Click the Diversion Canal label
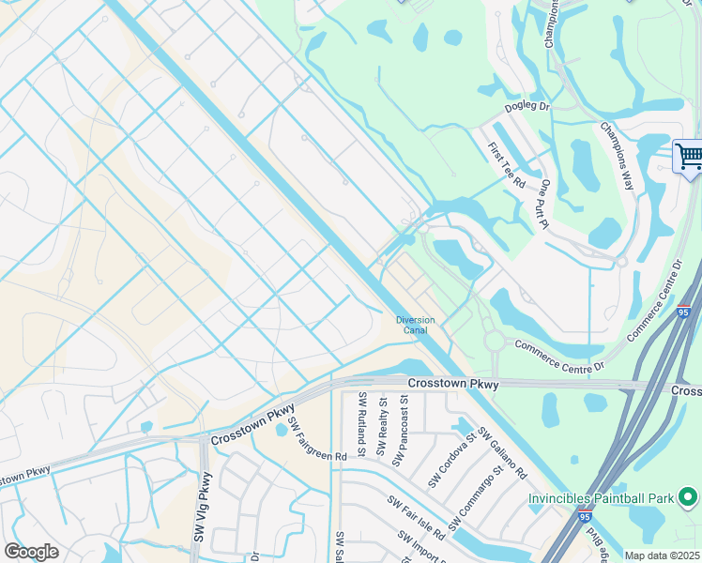(x=415, y=325)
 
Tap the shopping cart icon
(x=689, y=156)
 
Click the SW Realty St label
(x=383, y=426)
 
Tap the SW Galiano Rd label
(x=502, y=451)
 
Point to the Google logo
(x=31, y=552)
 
